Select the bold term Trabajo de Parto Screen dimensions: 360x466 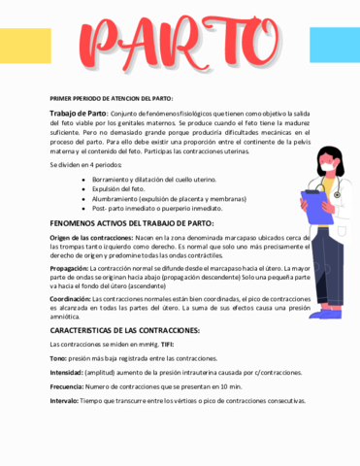(x=78, y=114)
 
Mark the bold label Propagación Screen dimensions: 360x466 (x=69, y=268)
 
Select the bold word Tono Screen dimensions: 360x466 (x=58, y=358)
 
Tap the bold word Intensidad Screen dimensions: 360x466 (x=66, y=372)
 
